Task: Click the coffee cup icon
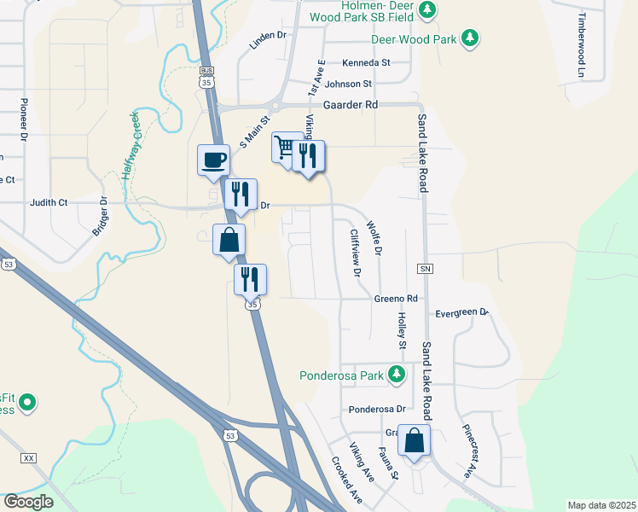pyautogui.click(x=213, y=159)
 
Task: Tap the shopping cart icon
pyautogui.click(x=285, y=147)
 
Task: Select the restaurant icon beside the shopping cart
pyautogui.click(x=309, y=155)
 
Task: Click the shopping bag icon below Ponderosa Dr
pyautogui.click(x=414, y=441)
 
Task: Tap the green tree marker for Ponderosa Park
pyautogui.click(x=396, y=374)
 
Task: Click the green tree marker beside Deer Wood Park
pyautogui.click(x=469, y=38)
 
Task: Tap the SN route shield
pyautogui.click(x=425, y=269)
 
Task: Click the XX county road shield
pyautogui.click(x=30, y=458)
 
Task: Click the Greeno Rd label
pyautogui.click(x=396, y=299)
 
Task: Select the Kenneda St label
pyautogui.click(x=365, y=62)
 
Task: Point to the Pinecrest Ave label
pyautogui.click(x=469, y=450)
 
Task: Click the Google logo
pyautogui.click(x=28, y=501)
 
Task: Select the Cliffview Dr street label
pyautogui.click(x=357, y=253)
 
